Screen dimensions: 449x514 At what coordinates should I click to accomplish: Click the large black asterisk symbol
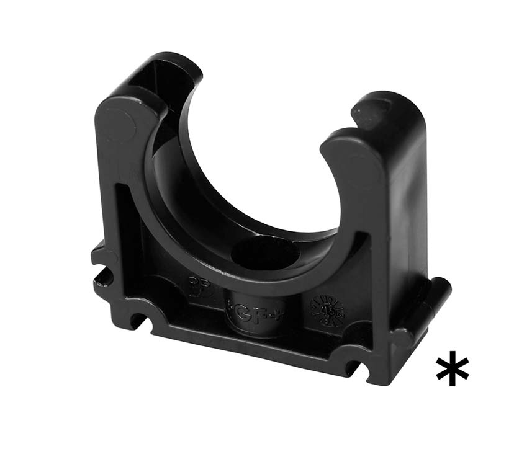[x=452, y=368]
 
